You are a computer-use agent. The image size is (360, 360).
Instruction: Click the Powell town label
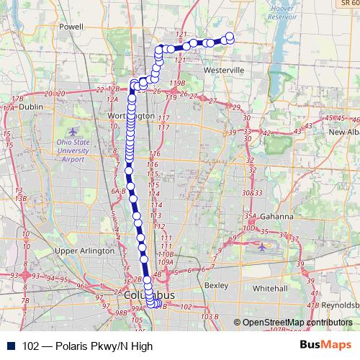(x=72, y=26)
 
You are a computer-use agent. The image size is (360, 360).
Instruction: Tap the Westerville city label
(x=225, y=71)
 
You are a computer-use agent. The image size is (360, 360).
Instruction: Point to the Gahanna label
(x=278, y=217)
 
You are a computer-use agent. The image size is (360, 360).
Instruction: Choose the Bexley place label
(x=216, y=285)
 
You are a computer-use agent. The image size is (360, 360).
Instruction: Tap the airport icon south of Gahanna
(x=261, y=247)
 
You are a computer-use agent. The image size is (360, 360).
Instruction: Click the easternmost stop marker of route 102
(x=230, y=37)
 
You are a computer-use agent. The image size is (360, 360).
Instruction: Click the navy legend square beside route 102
(x=11, y=346)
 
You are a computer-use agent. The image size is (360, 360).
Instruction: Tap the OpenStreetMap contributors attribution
(x=297, y=323)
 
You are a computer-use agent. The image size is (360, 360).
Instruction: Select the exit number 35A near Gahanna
(x=250, y=216)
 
